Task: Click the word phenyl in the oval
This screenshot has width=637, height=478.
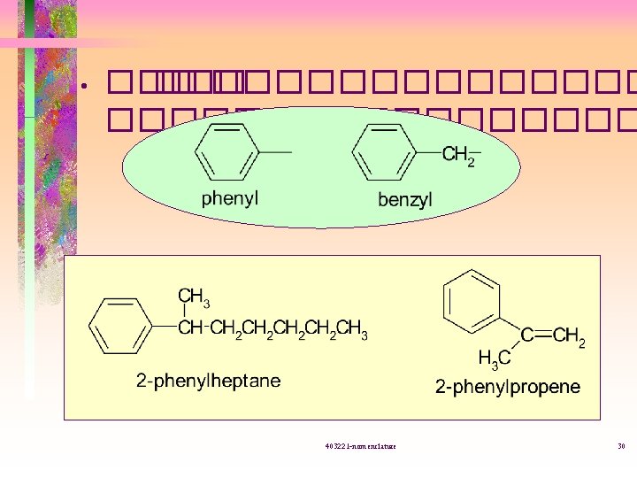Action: click(230, 198)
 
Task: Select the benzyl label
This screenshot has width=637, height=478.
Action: click(405, 199)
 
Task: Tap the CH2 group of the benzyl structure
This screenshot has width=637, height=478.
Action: click(458, 157)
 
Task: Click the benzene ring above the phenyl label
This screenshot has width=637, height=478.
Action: click(228, 152)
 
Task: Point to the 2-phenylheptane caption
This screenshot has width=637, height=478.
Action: click(208, 381)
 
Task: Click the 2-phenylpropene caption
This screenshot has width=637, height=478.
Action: click(507, 387)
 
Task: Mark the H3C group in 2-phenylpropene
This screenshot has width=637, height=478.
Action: click(494, 358)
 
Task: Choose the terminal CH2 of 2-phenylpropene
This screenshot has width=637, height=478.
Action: click(570, 337)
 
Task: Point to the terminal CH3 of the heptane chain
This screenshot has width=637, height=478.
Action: click(351, 329)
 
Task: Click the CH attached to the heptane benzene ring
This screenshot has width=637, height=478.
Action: click(190, 328)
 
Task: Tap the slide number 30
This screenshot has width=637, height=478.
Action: click(621, 445)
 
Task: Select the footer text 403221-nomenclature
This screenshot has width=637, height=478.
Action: click(360, 445)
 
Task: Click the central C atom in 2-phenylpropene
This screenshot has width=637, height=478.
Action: click(526, 336)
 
